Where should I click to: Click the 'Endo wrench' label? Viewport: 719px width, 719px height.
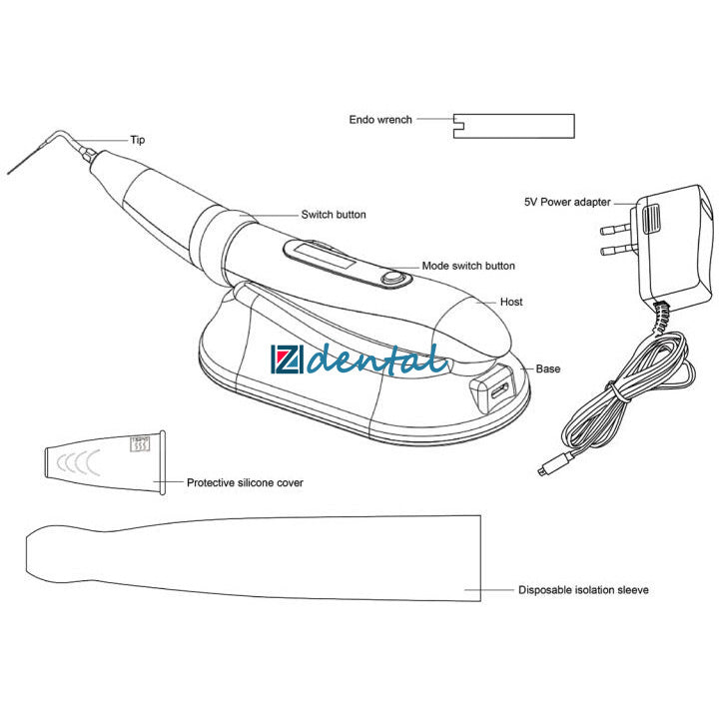pyautogui.click(x=380, y=120)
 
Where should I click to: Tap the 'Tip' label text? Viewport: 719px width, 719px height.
pyautogui.click(x=138, y=140)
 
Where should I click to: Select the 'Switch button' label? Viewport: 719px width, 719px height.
pyautogui.click(x=334, y=215)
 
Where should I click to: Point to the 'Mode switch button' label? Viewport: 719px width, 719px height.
pyautogui.click(x=468, y=266)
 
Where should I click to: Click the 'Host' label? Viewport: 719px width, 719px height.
pyautogui.click(x=511, y=302)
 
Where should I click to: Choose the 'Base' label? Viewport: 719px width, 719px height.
pyautogui.click(x=548, y=368)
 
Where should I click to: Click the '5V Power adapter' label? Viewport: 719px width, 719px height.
pyautogui.click(x=567, y=202)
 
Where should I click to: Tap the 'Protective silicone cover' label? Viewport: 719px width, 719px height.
pyautogui.click(x=245, y=483)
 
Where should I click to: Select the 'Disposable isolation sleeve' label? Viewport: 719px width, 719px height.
pyautogui.click(x=583, y=590)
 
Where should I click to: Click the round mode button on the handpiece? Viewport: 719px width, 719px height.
pyautogui.click(x=392, y=278)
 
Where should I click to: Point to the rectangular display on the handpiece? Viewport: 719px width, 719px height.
pyautogui.click(x=326, y=257)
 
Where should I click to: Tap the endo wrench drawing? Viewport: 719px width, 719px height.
pyautogui.click(x=514, y=126)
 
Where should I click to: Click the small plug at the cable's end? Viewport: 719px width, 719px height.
pyautogui.click(x=543, y=470)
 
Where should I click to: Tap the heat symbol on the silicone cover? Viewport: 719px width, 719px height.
pyautogui.click(x=140, y=443)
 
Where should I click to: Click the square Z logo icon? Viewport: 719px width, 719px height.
pyautogui.click(x=287, y=359)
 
